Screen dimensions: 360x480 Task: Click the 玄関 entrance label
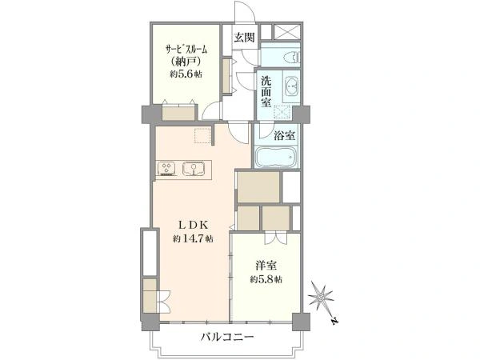(243, 37)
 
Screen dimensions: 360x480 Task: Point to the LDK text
(193, 226)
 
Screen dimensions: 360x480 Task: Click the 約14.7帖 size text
(193, 239)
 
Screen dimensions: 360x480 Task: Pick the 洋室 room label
(268, 265)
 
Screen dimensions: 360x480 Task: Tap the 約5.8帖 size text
(268, 278)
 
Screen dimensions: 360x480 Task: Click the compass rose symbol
(321, 298)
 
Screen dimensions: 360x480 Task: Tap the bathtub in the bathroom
(277, 156)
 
